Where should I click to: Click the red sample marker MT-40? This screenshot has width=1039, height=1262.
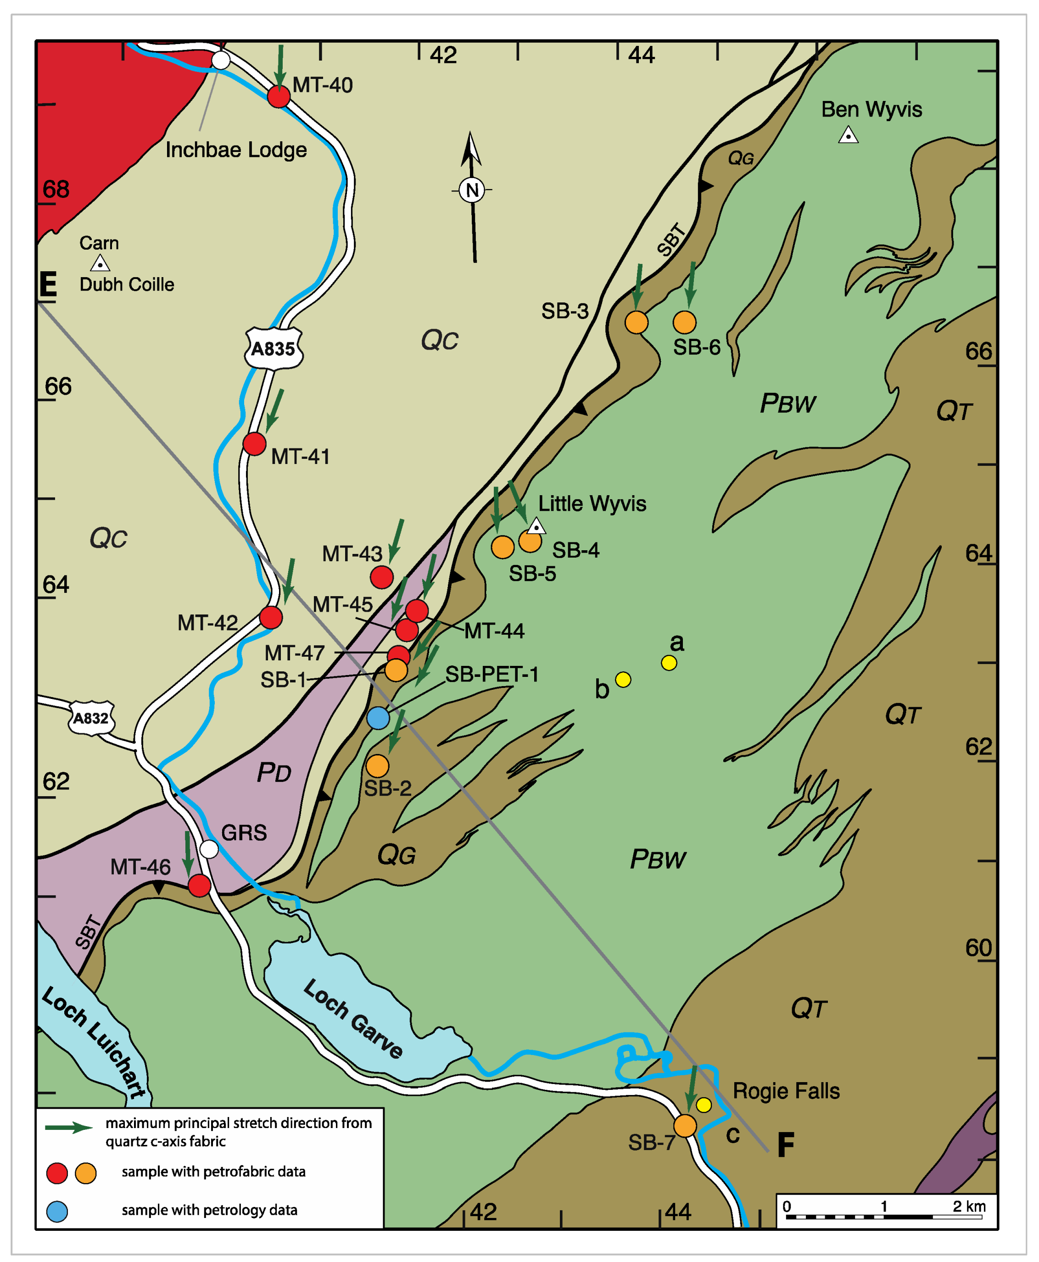tap(278, 96)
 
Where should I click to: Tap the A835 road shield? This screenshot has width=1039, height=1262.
tap(274, 348)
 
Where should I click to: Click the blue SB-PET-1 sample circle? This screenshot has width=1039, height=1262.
tap(378, 717)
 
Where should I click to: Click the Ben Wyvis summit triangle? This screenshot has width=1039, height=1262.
tap(848, 135)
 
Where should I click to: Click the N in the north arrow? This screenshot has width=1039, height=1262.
tap(472, 190)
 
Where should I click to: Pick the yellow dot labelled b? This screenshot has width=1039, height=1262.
tap(623, 680)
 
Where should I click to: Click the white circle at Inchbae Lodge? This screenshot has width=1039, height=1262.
tap(221, 60)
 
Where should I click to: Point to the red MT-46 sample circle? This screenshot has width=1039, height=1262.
tap(199, 885)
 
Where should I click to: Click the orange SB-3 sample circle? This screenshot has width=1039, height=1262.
tap(636, 323)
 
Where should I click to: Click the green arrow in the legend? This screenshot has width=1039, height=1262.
tap(69, 1128)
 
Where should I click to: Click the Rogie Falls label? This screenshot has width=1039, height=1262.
tap(786, 1091)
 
